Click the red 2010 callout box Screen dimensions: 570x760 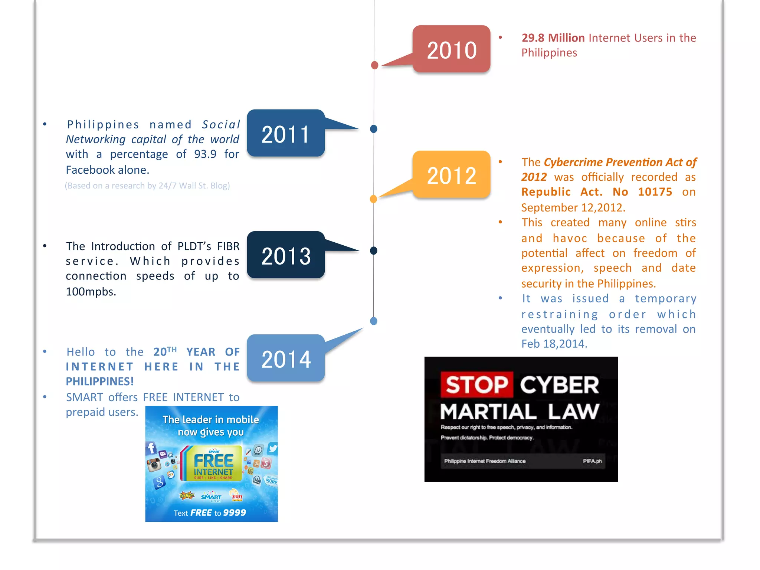(451, 49)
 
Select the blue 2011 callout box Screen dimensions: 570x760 (286, 134)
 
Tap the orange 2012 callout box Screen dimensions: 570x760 (451, 175)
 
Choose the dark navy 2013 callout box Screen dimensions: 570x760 (286, 255)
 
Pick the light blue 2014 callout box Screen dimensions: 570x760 (286, 358)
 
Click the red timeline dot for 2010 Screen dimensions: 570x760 (374, 65)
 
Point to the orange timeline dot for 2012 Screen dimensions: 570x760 (374, 199)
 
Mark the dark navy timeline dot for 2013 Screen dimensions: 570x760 (374, 251)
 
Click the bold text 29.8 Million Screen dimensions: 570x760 (553, 38)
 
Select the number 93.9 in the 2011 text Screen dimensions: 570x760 (205, 154)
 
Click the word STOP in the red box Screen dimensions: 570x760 (477, 384)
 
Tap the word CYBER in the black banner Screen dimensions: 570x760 (559, 385)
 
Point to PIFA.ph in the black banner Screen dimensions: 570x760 (592, 461)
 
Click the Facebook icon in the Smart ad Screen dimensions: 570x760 (151, 448)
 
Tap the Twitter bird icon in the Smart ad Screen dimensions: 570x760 (273, 448)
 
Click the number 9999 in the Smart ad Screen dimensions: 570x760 (235, 512)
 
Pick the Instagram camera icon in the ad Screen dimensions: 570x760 (154, 465)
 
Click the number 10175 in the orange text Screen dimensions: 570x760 (655, 192)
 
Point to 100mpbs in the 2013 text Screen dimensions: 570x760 (91, 292)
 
